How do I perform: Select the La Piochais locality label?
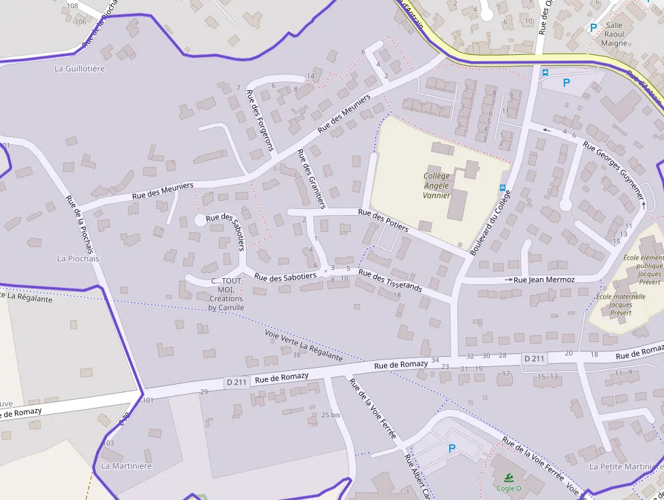(78, 258)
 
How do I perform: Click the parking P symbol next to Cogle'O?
(452, 448)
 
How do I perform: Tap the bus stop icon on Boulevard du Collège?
(503, 187)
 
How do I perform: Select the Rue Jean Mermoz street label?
(544, 280)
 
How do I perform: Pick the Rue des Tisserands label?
(390, 281)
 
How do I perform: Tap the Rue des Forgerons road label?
(260, 119)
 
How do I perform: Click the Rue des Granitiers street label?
(312, 178)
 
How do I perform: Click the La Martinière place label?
(127, 466)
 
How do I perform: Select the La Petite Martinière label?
(625, 467)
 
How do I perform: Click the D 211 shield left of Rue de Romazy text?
(236, 382)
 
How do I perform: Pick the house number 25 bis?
(331, 415)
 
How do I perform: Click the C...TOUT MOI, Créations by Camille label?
(226, 294)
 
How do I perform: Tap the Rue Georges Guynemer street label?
(613, 170)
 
